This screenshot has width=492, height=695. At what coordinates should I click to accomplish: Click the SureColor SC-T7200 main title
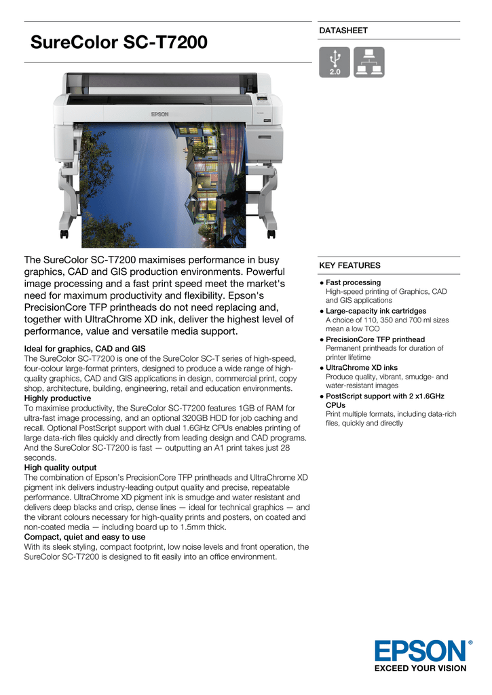(119, 43)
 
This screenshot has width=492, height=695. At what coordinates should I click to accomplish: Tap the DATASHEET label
(343, 31)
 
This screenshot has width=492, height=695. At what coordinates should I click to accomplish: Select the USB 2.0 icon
(335, 62)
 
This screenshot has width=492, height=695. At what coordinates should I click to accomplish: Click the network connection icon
(368, 62)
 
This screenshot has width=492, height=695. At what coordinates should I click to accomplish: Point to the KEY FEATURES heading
(349, 265)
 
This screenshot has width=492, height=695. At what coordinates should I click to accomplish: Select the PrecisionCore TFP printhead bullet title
(375, 339)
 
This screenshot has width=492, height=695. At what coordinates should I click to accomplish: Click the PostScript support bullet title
(383, 396)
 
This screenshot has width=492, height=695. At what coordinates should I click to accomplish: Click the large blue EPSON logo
(421, 651)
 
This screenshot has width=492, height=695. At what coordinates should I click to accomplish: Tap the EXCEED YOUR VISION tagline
(421, 669)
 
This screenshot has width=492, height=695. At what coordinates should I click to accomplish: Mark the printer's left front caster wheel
(64, 234)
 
